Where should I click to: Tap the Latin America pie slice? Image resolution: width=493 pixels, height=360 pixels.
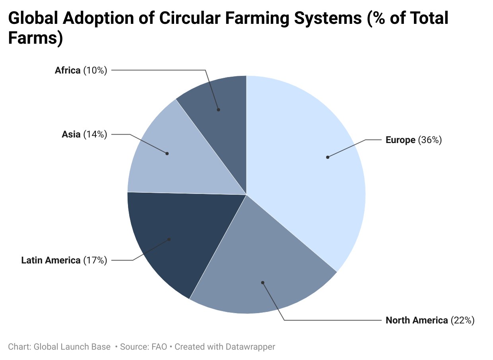click(x=181, y=238)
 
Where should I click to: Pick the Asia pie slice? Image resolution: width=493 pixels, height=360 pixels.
click(x=176, y=158)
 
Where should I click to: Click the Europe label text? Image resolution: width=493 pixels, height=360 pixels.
click(x=400, y=140)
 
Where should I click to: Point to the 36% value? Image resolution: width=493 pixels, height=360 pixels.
click(x=430, y=140)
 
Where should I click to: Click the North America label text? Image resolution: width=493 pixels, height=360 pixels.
click(x=417, y=320)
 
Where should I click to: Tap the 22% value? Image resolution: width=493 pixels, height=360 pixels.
click(x=462, y=320)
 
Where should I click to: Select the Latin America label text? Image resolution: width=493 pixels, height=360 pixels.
click(x=51, y=260)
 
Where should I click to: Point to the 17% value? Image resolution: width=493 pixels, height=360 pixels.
click(x=95, y=260)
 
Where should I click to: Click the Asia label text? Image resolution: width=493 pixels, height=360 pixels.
click(x=71, y=134)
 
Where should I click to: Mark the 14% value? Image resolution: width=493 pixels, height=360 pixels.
click(x=95, y=134)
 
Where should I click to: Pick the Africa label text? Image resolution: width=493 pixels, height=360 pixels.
click(x=68, y=70)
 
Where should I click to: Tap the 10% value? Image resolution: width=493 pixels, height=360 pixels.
click(x=95, y=70)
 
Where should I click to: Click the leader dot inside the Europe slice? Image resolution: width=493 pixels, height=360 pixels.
click(x=328, y=157)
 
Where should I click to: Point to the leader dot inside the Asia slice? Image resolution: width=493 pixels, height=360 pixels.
click(x=167, y=153)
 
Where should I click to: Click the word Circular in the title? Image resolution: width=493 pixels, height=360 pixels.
click(x=190, y=18)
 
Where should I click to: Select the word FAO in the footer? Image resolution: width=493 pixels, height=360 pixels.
click(x=159, y=347)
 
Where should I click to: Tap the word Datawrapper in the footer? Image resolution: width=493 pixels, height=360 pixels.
click(x=250, y=347)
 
